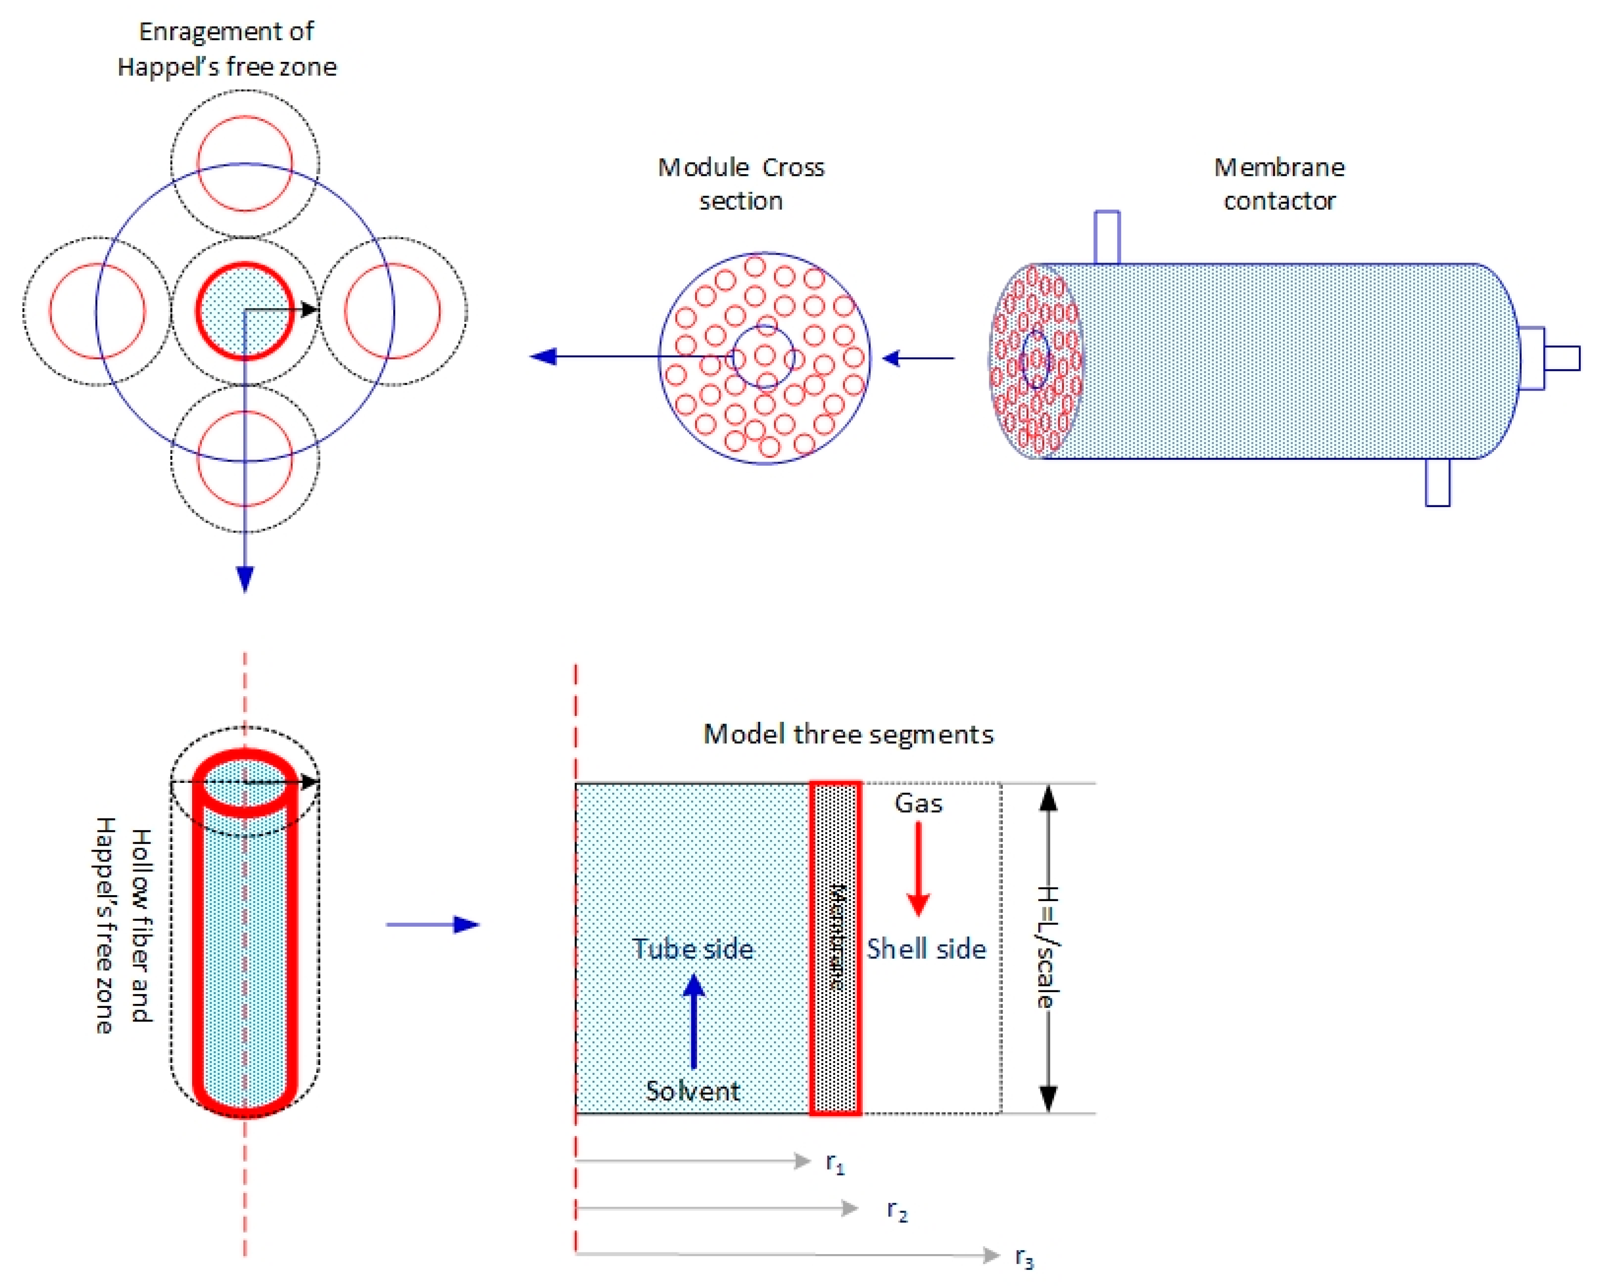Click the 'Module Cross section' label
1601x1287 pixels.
coord(741,184)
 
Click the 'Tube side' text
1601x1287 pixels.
coord(693,949)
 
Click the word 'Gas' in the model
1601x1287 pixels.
coord(919,803)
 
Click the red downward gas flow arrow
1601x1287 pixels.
coord(919,869)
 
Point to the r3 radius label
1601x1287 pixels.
coord(1025,1257)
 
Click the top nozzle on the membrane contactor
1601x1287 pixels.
coord(1107,238)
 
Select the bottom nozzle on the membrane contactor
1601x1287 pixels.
coord(1437,483)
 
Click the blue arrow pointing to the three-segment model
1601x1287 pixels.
coord(433,925)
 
